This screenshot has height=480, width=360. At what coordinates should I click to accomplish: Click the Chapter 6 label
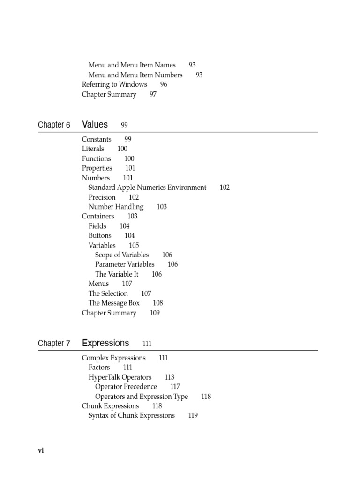(x=54, y=125)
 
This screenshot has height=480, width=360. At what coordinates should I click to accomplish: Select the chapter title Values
(x=95, y=125)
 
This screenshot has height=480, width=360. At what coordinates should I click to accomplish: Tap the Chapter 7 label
(x=54, y=344)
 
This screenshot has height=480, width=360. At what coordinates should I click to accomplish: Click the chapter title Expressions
(x=105, y=343)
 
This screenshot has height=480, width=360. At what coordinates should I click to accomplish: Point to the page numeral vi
(x=41, y=450)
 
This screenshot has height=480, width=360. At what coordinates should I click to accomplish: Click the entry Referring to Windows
(x=114, y=84)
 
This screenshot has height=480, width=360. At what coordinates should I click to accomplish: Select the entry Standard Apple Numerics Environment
(x=147, y=187)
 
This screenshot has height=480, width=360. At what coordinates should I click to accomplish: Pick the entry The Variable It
(x=117, y=274)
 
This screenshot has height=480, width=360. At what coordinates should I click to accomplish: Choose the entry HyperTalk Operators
(x=120, y=377)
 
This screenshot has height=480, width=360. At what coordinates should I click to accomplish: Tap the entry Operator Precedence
(x=126, y=387)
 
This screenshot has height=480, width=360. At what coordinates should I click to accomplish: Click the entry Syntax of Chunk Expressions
(x=131, y=415)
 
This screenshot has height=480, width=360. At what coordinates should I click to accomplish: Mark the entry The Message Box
(x=114, y=303)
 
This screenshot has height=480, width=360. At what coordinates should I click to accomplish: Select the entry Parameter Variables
(x=125, y=264)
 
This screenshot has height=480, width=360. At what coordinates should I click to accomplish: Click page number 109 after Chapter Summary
(x=155, y=313)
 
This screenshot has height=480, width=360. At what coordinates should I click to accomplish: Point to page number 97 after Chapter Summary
(x=153, y=94)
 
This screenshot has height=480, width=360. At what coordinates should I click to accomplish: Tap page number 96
(x=164, y=84)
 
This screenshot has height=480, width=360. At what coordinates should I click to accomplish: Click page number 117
(x=175, y=387)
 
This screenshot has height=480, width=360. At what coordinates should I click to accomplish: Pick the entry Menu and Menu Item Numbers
(x=135, y=75)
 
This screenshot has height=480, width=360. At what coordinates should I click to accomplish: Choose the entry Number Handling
(x=116, y=207)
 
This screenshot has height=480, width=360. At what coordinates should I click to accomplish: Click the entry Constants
(x=97, y=139)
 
